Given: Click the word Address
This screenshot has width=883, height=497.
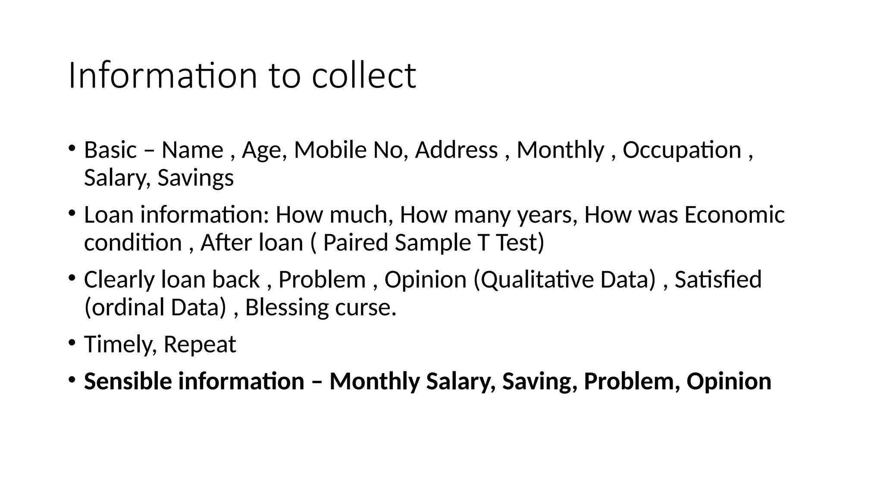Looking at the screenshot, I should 456,150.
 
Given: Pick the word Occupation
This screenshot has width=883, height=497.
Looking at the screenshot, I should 682,150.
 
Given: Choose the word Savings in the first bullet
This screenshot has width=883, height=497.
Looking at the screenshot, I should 195,178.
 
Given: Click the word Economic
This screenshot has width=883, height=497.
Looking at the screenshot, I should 734,215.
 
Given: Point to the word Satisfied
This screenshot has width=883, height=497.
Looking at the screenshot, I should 718,280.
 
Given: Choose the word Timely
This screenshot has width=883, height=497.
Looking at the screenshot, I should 120,345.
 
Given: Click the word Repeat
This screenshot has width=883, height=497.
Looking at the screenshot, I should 200,345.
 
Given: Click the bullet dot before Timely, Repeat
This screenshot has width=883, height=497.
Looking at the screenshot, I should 72,343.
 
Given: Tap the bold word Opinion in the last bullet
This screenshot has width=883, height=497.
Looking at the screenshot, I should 729,381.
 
